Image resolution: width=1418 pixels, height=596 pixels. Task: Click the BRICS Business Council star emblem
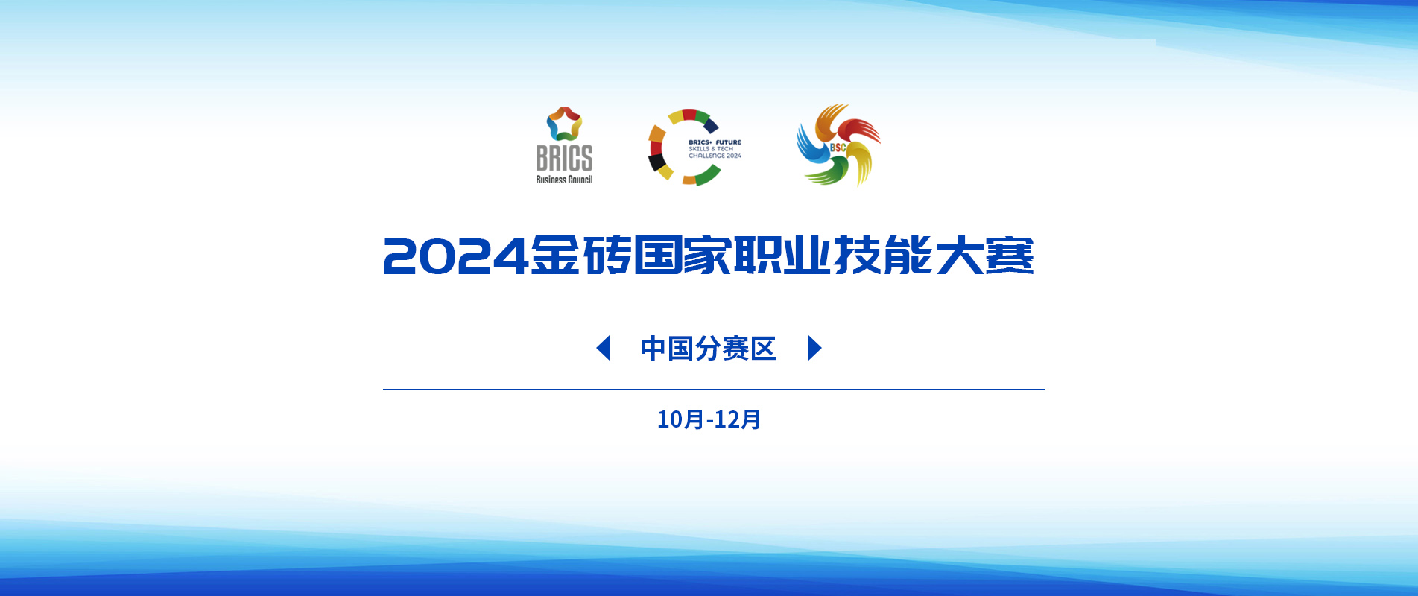click(x=564, y=124)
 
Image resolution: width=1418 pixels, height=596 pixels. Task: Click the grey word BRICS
click(x=564, y=158)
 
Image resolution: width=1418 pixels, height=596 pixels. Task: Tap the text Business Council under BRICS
click(x=564, y=180)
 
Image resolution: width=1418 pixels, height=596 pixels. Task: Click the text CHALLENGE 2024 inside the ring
click(x=715, y=156)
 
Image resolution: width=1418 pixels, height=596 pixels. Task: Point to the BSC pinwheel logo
click(x=838, y=145)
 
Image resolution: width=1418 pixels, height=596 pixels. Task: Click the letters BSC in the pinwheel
click(x=838, y=148)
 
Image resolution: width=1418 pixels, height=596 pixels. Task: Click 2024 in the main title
click(x=455, y=256)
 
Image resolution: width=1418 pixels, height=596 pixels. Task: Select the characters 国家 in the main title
click(x=682, y=256)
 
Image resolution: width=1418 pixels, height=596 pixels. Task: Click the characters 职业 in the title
click(x=782, y=256)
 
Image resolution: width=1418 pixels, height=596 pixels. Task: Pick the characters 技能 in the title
click(x=884, y=256)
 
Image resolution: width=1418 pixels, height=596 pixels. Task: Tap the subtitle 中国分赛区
click(x=709, y=349)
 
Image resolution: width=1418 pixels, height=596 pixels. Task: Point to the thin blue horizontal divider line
click(x=714, y=389)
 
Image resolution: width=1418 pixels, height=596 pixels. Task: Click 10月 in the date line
click(x=680, y=419)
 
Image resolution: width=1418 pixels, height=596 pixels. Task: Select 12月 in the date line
click(x=738, y=419)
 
